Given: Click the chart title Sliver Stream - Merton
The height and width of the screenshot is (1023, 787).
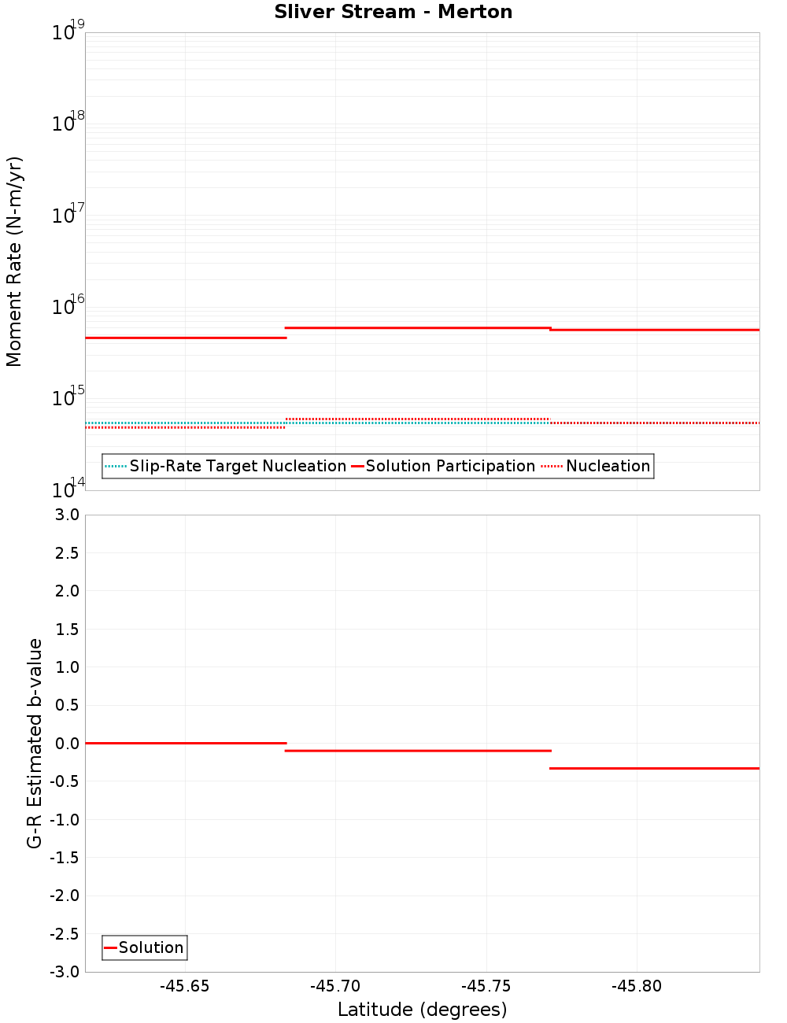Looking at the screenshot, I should point(393,12).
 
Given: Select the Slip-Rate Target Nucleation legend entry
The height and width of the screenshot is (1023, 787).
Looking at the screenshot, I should point(237,466).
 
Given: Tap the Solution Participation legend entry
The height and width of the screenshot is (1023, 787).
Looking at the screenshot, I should point(449,466).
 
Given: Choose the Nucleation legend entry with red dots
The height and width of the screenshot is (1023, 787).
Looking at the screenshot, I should point(608,466).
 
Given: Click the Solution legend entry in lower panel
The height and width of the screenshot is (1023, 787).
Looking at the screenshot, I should point(150,947).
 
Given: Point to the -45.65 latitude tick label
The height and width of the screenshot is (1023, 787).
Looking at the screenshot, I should point(184,986).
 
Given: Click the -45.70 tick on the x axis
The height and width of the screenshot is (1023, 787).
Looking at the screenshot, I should point(335,986).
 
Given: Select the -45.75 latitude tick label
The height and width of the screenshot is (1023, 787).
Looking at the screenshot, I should point(486,986).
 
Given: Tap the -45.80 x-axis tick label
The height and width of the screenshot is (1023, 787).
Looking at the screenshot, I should point(637,986).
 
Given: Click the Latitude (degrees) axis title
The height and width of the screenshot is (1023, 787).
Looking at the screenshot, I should point(422,1010).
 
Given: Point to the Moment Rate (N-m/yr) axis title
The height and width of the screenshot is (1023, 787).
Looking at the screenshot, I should point(14,261).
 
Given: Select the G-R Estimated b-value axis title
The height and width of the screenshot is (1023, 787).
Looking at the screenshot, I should point(35,743).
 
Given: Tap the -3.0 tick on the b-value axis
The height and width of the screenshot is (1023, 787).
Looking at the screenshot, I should point(65,972).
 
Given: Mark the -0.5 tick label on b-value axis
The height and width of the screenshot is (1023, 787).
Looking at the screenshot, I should point(65,781).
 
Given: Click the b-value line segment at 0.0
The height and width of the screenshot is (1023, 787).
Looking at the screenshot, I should point(185,743).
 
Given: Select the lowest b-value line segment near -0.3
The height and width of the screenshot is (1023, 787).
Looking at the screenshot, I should point(654,768).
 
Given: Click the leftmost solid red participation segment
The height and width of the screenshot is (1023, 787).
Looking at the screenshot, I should point(185,338).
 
